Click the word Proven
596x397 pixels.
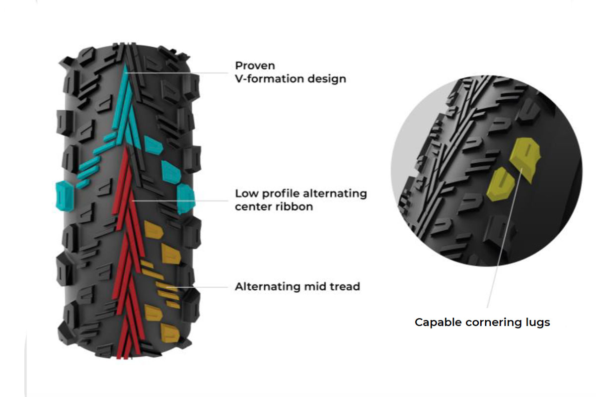coord(255,66)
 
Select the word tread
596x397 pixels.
coord(342,286)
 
